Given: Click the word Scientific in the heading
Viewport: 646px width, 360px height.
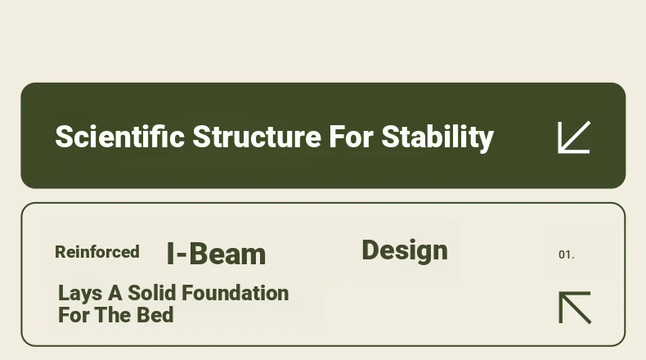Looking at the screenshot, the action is pos(120,136).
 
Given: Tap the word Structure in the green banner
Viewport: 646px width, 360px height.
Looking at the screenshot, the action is pos(257,137).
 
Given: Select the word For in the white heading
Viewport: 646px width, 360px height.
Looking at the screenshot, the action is pos(351,137).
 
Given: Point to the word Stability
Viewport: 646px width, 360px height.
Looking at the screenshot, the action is pos(437,137).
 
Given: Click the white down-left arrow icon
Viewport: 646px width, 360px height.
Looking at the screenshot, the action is pos(574,137).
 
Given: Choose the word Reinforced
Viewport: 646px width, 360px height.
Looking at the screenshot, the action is pos(97,252).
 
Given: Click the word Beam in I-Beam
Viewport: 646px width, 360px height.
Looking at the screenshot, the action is pos(227,254).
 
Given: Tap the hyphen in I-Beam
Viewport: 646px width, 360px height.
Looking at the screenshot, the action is pos(182,255).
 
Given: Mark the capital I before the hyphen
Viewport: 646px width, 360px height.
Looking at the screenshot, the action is pos(170,253).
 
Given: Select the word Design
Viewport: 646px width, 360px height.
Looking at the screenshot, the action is pos(405,251).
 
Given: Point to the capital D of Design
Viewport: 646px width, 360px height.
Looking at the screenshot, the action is pos(370,250).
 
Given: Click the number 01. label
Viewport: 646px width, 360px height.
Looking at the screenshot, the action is pos(566,254).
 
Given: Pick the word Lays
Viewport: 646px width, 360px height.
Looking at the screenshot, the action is pos(80,294).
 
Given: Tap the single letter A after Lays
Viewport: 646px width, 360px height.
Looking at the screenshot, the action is pos(115,293).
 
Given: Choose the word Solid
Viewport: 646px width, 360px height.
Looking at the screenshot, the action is pos(152,293).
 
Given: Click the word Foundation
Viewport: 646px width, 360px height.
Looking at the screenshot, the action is pos(236,293).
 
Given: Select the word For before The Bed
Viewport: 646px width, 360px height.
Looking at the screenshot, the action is pos(72,315).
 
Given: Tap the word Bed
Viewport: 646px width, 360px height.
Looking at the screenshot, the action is pos(155,315).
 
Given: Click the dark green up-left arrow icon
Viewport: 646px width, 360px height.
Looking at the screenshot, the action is pos(575,308).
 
